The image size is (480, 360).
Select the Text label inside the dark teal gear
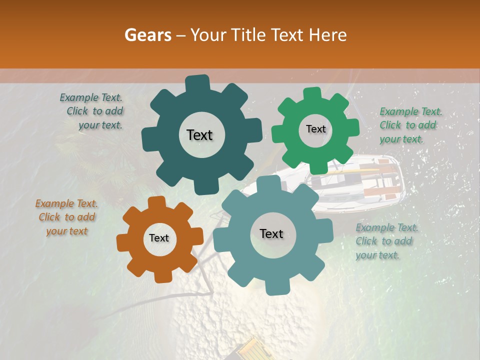[199, 135]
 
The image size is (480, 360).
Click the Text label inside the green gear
[315, 129]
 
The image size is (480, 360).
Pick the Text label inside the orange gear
[159, 238]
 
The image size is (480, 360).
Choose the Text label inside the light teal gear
[271, 233]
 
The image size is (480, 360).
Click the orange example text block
[66, 217]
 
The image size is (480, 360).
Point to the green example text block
[410, 125]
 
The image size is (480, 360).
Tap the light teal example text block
[386, 241]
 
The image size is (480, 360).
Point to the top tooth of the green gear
[312, 94]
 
